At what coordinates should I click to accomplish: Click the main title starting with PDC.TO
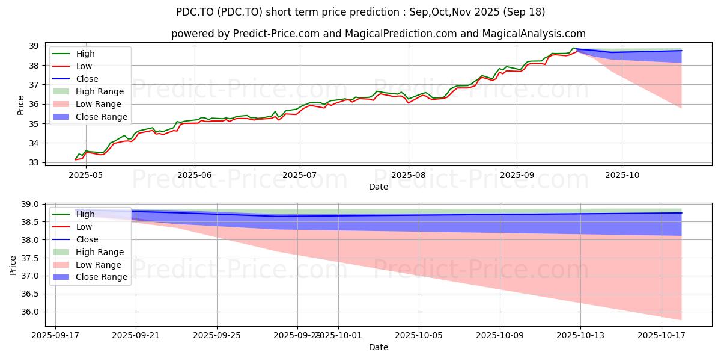360,12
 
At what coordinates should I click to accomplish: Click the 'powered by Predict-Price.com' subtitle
379,34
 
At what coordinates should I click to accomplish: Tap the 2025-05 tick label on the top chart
86,175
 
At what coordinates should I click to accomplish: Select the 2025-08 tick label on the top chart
409,175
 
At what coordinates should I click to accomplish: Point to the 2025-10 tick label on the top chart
622,175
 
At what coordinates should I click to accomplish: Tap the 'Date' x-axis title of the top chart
379,187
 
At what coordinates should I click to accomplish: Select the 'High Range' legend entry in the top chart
100,91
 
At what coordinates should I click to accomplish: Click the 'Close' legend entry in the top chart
87,79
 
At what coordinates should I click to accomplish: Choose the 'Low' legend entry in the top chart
85,66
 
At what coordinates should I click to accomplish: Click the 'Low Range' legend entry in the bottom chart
99,265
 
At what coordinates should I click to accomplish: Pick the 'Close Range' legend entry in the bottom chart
102,277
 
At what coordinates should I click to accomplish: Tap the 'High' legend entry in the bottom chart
85,214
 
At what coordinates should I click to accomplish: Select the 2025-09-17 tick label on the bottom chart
55,336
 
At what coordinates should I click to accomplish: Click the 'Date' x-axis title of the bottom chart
379,347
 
